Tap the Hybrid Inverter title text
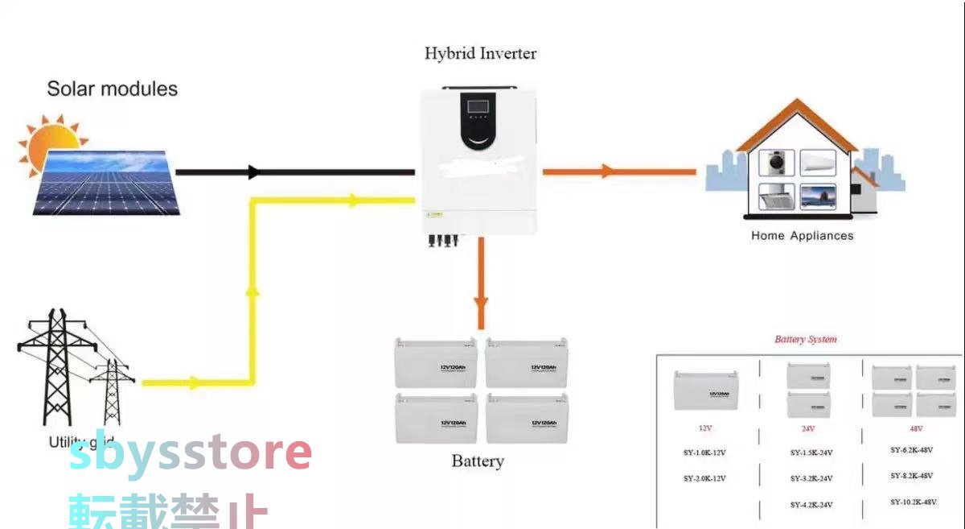click(x=480, y=54)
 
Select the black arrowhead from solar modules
click(x=254, y=172)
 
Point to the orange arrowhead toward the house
click(x=607, y=171)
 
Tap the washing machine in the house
click(x=776, y=163)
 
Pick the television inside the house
click(x=817, y=196)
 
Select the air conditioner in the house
click(x=817, y=162)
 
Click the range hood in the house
click(x=776, y=196)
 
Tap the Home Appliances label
click(x=802, y=236)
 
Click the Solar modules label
click(x=112, y=89)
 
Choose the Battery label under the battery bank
click(x=478, y=461)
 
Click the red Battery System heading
click(x=805, y=339)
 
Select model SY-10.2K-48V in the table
click(x=913, y=502)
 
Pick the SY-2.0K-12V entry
click(x=704, y=478)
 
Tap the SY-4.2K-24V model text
click(x=811, y=504)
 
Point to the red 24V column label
click(x=808, y=429)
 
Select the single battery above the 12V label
click(x=705, y=390)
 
